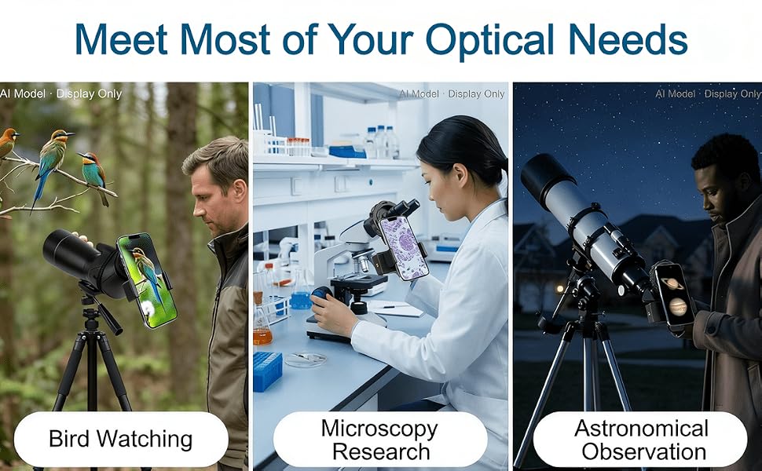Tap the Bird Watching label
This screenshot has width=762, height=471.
click(121, 439)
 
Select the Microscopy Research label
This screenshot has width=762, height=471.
click(380, 440)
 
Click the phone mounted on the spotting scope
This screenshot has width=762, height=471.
click(147, 279)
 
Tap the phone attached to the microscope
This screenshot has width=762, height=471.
click(403, 247)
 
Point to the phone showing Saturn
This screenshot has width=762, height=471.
click(675, 294)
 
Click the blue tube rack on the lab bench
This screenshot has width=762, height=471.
click(267, 371)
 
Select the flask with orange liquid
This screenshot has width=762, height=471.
click(262, 324)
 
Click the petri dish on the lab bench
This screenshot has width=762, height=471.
click(306, 360)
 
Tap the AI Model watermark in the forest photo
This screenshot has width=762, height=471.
click(23, 93)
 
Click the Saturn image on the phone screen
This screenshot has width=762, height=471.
click(672, 283)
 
